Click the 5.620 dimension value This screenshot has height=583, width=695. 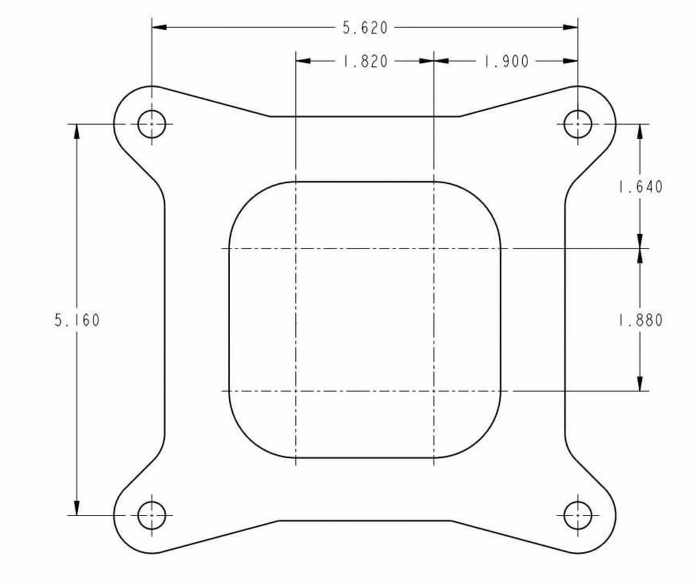(x=365, y=27)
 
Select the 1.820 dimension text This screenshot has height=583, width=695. (x=365, y=62)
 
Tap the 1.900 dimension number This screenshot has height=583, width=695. (x=506, y=62)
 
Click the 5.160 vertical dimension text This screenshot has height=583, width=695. (x=77, y=320)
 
